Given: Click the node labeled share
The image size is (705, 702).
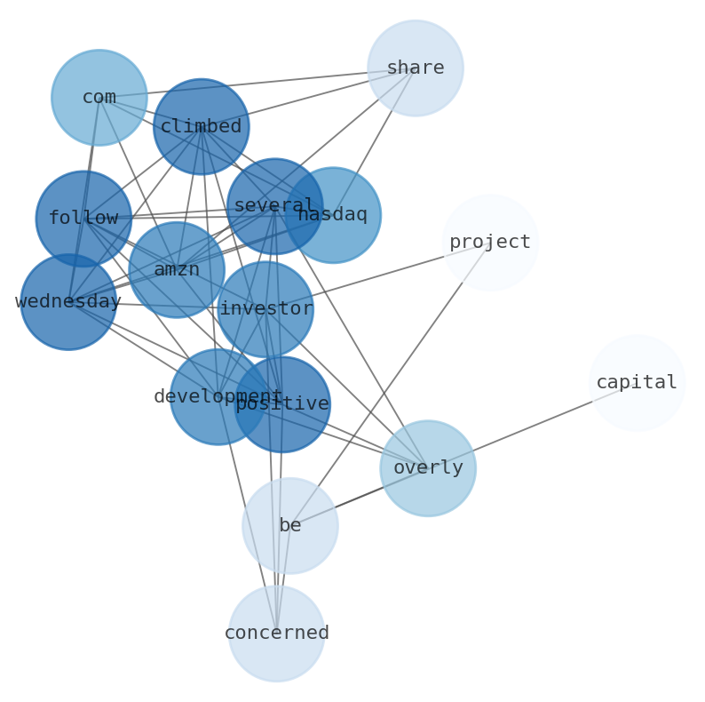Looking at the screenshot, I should point(415,68).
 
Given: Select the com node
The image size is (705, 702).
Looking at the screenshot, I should point(99,98).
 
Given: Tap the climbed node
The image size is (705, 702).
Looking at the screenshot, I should point(201,126).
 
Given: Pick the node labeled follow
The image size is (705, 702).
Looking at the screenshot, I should point(83,219).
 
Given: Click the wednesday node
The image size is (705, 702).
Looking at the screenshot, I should point(68,302).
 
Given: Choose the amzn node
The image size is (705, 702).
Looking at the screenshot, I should point(176,270).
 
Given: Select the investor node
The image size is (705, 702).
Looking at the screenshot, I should point(265,309).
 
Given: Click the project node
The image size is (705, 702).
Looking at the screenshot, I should point(490,243).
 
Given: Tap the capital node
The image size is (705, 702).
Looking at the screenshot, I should point(637,383).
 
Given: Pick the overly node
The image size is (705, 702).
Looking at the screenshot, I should point(428,468).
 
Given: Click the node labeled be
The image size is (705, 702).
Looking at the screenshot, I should point(289,526).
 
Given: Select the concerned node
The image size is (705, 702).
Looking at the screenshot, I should point(276,634).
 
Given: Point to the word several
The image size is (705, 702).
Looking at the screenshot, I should point(266,205).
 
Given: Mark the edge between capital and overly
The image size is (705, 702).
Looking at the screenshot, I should point(533,426).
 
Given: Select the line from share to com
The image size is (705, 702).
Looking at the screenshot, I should point(257,83).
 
